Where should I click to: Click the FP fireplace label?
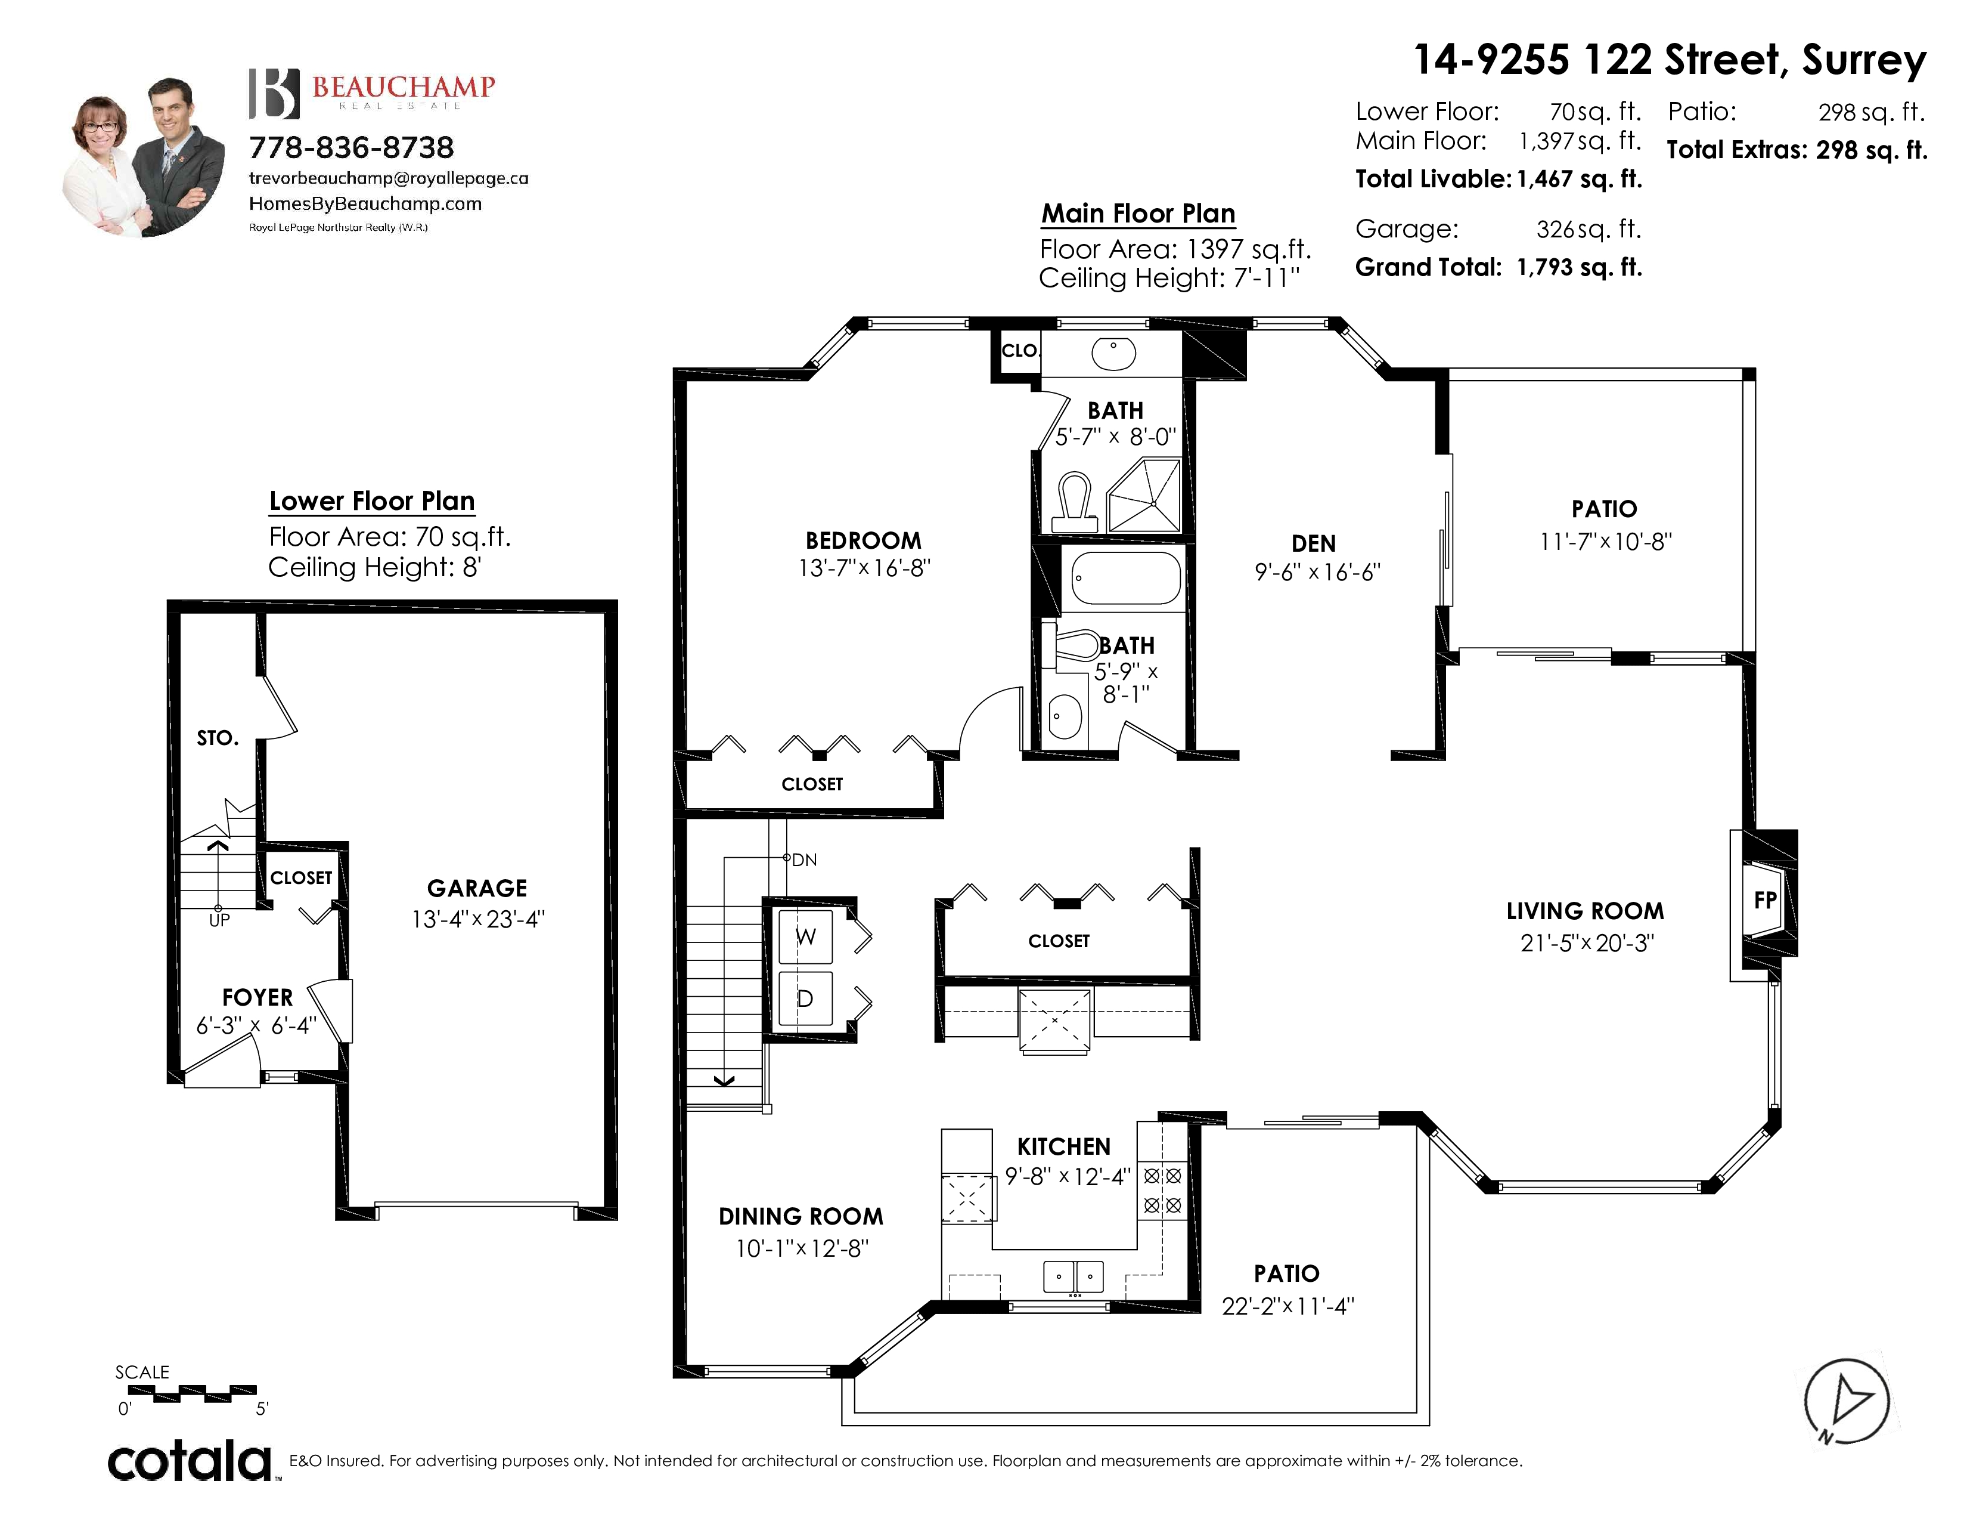coord(1766,899)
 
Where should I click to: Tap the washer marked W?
coord(805,937)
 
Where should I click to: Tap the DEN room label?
coord(1313,543)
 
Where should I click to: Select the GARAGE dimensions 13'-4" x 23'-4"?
coord(478,919)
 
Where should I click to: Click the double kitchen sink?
coord(1074,1277)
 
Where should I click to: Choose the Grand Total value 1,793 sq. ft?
coord(1580,267)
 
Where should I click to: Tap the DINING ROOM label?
coord(801,1216)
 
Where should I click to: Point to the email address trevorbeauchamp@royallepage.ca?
coord(388,178)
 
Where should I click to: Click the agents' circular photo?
coord(145,157)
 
